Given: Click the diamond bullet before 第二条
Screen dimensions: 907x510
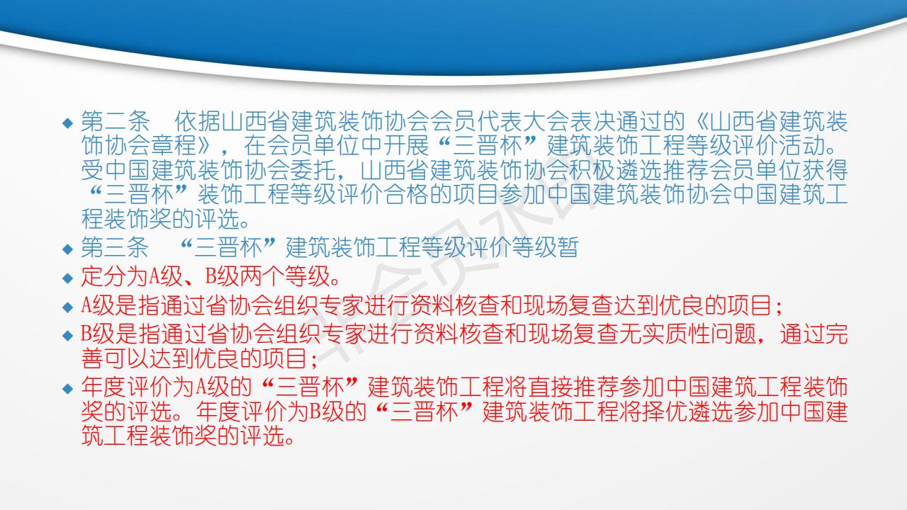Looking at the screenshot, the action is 67,123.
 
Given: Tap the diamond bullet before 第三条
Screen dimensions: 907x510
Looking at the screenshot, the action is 67,249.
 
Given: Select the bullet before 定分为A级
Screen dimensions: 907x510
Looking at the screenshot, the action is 67,278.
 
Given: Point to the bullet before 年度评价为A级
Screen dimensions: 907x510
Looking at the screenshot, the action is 67,389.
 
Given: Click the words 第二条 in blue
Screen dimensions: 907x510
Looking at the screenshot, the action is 116,121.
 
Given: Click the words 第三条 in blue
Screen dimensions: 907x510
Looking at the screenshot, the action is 116,247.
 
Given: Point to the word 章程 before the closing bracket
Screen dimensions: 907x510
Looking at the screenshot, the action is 174,145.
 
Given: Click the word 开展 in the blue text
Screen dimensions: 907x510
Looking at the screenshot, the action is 406,145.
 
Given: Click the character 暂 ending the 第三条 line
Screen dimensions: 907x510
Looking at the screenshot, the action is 568,247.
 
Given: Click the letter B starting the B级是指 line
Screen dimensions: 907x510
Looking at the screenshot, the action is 86,334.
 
